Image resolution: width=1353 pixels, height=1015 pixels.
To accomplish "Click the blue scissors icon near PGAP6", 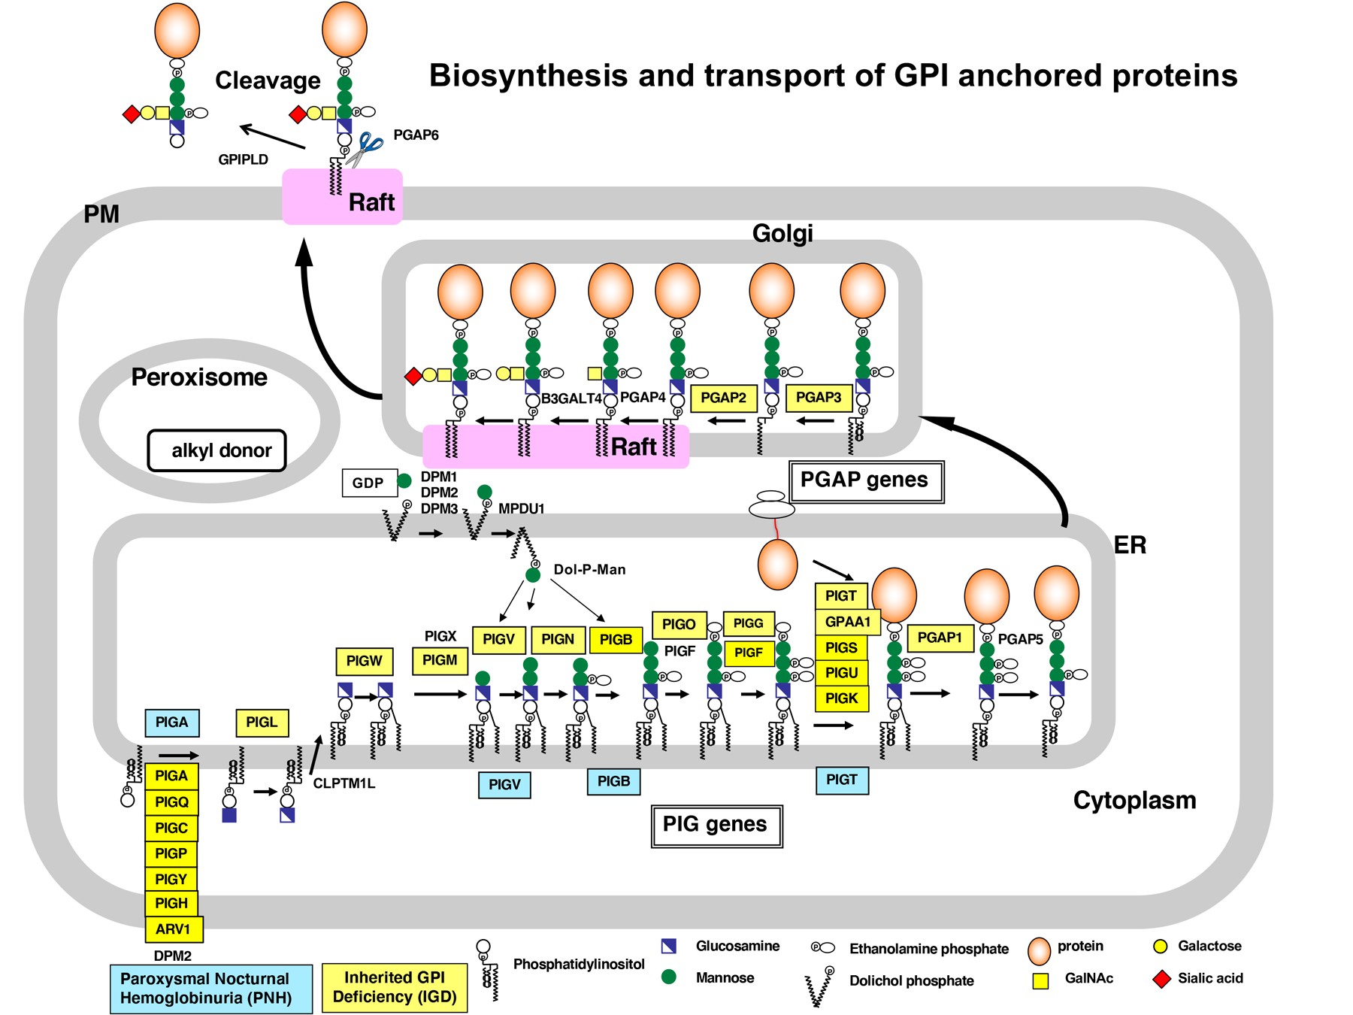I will pyautogui.click(x=366, y=147).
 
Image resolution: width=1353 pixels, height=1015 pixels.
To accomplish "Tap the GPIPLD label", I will pyautogui.click(x=243, y=159).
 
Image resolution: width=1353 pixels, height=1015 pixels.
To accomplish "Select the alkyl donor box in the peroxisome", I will pyautogui.click(x=217, y=450).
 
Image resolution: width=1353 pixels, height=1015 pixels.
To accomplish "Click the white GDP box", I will pyautogui.click(x=368, y=483).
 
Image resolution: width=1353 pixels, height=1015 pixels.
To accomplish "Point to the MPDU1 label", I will pyautogui.click(x=521, y=509).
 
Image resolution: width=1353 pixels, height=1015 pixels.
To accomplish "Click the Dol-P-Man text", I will pyautogui.click(x=589, y=570).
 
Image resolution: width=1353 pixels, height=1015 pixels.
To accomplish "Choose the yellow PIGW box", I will pyautogui.click(x=364, y=661).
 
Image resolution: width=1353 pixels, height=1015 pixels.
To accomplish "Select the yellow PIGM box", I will pyautogui.click(x=440, y=660).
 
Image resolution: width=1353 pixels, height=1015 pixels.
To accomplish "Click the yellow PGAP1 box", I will pyautogui.click(x=940, y=638).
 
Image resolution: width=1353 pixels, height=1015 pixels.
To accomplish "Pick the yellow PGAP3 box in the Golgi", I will pyautogui.click(x=819, y=398).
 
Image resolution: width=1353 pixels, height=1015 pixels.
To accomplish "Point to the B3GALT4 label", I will pyautogui.click(x=571, y=398).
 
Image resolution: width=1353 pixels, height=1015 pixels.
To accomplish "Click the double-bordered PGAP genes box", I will pyautogui.click(x=866, y=481).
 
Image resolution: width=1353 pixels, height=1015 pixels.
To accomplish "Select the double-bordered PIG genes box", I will pyautogui.click(x=716, y=826).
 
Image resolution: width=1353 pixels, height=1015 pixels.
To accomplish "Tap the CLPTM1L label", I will pyautogui.click(x=344, y=783).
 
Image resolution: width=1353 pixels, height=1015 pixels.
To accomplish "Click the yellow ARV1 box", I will pyautogui.click(x=174, y=929).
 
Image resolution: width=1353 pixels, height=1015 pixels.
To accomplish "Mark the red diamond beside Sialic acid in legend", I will pyautogui.click(x=1161, y=979).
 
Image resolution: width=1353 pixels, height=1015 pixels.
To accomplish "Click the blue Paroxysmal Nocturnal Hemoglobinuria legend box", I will pyautogui.click(x=210, y=989).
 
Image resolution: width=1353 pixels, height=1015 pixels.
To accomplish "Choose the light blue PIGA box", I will pyautogui.click(x=171, y=723).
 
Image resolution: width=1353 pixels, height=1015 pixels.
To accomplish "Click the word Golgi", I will pyautogui.click(x=782, y=233).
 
